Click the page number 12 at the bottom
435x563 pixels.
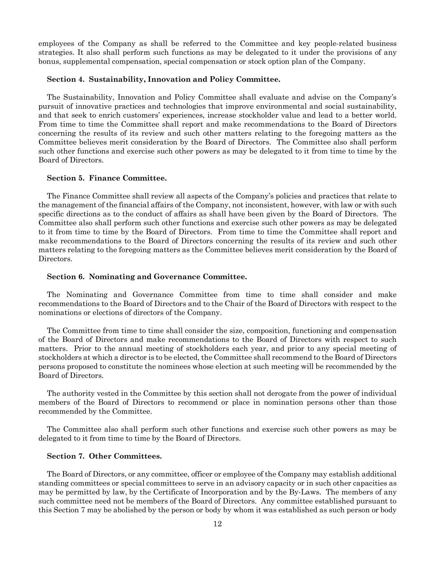point(218,524)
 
